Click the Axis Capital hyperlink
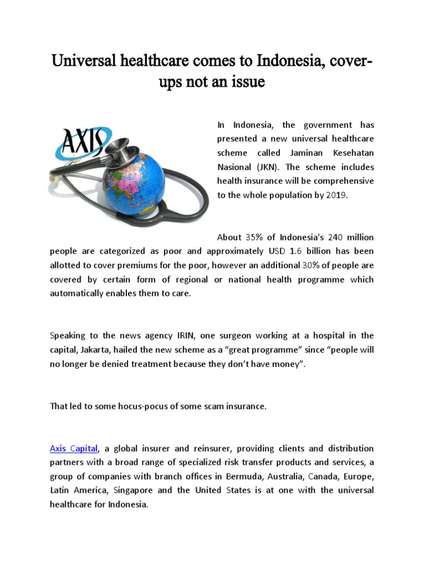(74, 447)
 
